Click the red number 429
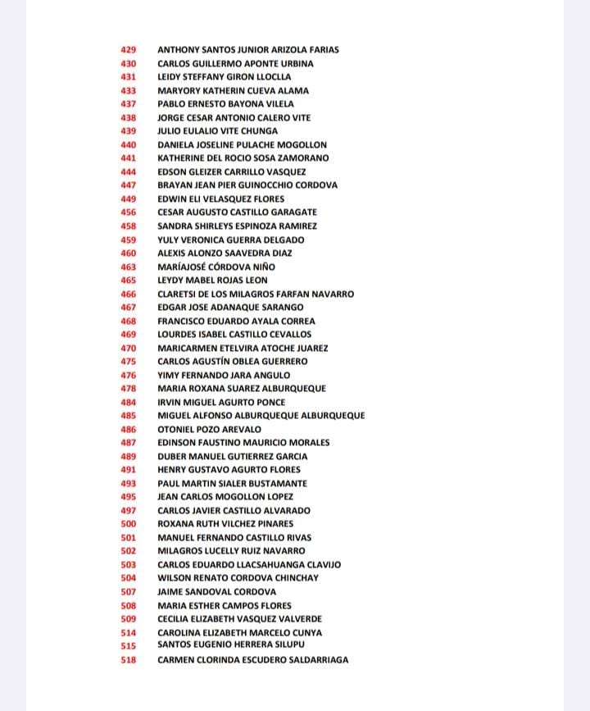point(129,50)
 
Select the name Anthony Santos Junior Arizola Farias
point(247,50)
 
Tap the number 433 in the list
point(129,91)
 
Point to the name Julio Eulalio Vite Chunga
point(217,131)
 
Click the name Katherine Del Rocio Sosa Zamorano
point(243,158)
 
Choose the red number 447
point(129,185)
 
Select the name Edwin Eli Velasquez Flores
point(221,199)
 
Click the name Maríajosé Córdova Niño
point(216,267)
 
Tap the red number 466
point(129,294)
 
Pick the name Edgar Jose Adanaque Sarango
point(230,308)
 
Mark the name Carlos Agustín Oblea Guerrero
point(233,362)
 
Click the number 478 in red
point(129,389)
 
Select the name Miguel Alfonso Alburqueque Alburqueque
point(261,416)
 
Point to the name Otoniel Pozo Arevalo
point(210,430)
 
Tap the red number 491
point(129,470)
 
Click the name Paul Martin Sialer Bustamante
point(233,484)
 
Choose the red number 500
point(129,524)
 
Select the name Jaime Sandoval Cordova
point(217,592)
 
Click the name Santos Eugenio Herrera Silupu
point(231,645)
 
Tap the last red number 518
point(129,660)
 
